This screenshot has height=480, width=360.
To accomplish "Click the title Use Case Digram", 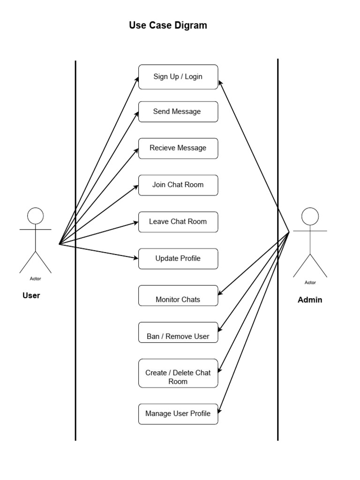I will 168,26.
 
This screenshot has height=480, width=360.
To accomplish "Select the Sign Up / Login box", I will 178,76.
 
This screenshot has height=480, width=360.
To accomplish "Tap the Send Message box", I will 178,112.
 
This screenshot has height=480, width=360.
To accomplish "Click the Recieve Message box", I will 178,148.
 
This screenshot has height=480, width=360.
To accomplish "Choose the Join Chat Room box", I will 178,185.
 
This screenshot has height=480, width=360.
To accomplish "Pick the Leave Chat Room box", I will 178,222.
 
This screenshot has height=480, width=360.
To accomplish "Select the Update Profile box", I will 178,258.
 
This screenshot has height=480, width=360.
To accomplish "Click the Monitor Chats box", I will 178,296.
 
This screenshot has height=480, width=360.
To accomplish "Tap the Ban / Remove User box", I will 178,332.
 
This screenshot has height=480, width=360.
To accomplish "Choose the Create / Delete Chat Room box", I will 178,374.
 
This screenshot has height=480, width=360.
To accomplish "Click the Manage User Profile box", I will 178,414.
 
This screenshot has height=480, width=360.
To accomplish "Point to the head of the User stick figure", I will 35,216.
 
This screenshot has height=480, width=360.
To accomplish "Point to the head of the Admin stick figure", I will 310,216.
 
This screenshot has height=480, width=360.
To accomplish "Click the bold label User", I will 31,296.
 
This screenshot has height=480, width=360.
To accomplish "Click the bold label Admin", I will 310,300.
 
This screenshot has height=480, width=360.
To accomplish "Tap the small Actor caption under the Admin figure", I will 310,283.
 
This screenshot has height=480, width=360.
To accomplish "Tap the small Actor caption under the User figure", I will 35,279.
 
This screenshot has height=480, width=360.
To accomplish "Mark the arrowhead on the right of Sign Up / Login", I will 221,81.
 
